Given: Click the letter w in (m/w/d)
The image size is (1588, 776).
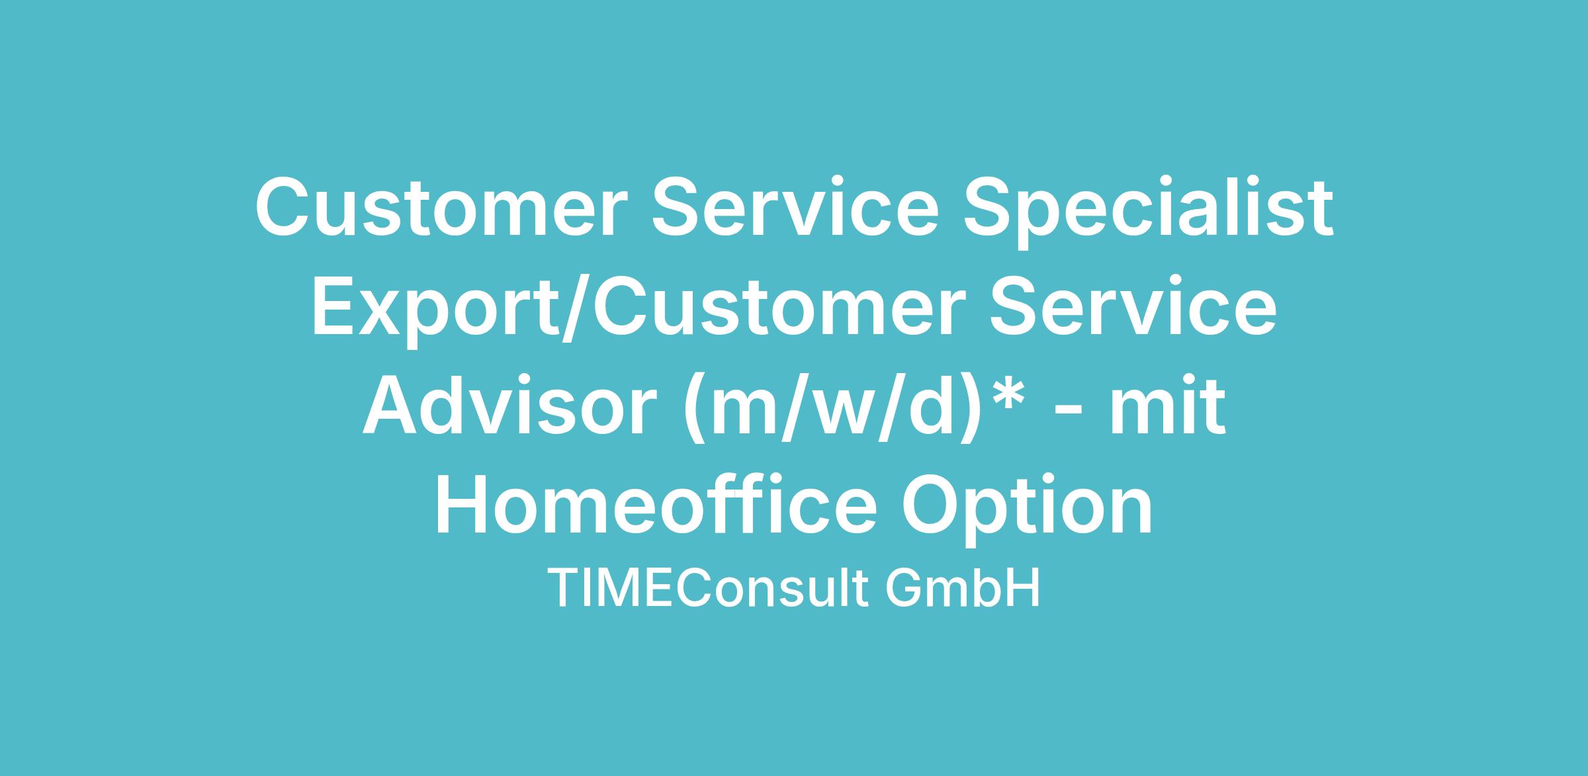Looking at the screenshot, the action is pos(844,415).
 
